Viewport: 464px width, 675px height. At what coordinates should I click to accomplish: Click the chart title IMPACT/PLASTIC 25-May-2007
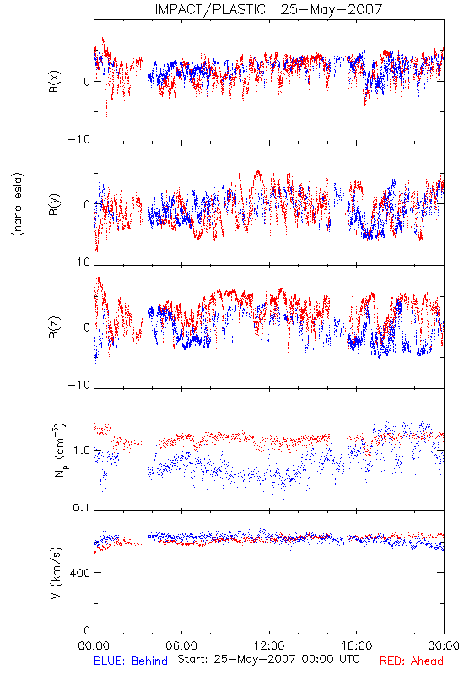[x=268, y=9]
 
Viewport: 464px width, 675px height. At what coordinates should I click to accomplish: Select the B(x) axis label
[x=54, y=82]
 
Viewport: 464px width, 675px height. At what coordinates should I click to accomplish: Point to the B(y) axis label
[x=54, y=204]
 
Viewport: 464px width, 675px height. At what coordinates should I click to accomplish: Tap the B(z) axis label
[x=54, y=327]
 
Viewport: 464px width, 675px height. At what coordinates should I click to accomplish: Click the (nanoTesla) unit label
[x=18, y=204]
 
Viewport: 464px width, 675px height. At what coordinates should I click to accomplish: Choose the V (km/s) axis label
[x=57, y=573]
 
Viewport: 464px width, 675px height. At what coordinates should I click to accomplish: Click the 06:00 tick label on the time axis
[x=181, y=645]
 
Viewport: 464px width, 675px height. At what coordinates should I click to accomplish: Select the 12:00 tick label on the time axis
[x=269, y=645]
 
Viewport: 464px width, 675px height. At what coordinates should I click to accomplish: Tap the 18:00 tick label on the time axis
[x=357, y=645]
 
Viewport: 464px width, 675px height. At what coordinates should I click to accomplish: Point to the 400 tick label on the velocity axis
[x=79, y=573]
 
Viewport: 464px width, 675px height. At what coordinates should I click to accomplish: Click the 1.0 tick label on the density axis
[x=82, y=451]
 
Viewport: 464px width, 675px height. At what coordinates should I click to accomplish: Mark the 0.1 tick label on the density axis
[x=81, y=508]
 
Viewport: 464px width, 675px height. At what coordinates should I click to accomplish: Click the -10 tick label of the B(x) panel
[x=78, y=139]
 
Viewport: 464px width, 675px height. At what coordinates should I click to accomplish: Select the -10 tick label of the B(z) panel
[x=78, y=385]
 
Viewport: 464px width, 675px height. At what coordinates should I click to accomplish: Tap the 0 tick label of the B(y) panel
[x=87, y=204]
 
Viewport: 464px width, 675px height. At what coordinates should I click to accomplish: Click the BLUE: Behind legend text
[x=131, y=661]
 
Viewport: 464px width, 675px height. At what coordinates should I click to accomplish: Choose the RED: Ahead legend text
[x=412, y=661]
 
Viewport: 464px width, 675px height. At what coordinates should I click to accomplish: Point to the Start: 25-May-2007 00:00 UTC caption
[x=268, y=659]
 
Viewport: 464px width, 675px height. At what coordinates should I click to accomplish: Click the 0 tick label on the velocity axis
[x=87, y=630]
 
